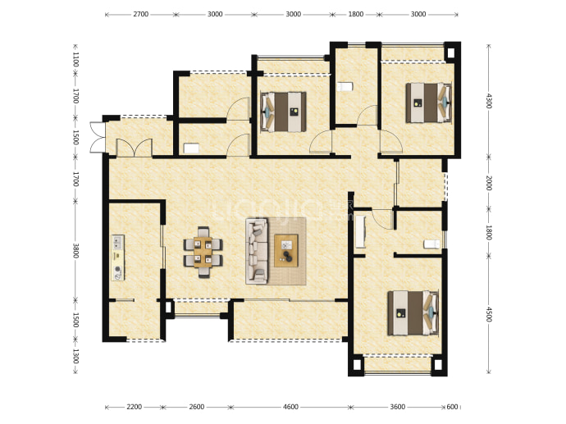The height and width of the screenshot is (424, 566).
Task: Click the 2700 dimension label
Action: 141,15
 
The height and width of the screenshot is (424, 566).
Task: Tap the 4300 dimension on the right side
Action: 489,101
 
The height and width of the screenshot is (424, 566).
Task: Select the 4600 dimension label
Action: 290,407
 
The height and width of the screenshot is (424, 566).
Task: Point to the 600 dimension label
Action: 452,407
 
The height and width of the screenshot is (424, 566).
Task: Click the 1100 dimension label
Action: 75,59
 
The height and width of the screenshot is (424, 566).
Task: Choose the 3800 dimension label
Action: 75,250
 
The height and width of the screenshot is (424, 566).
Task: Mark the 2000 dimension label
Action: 489,183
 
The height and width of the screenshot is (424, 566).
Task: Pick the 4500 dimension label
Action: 489,314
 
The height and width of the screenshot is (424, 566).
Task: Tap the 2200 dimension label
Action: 135,407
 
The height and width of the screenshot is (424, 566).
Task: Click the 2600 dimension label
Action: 197,407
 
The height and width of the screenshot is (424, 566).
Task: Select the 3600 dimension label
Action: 397,407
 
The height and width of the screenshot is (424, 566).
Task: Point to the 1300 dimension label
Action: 75,356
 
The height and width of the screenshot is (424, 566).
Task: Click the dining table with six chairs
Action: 203,253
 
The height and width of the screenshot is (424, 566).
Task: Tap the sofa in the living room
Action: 257,251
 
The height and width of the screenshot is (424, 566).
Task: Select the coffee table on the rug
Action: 286,251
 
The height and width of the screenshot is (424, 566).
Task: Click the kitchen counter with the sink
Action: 117,258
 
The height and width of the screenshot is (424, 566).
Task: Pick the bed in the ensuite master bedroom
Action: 413,312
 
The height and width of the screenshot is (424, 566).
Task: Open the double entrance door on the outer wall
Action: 98,138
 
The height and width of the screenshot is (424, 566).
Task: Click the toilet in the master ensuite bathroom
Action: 432,244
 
